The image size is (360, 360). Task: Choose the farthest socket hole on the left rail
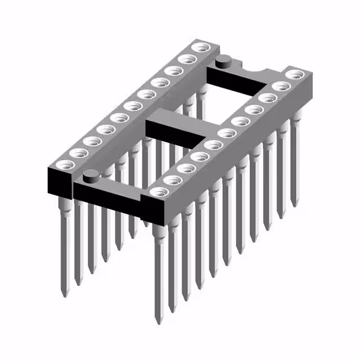coord(199,47)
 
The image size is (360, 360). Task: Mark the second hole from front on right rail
coord(172,180)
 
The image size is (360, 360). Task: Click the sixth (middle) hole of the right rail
coord(227,133)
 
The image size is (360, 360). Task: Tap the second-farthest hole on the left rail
coord(186,58)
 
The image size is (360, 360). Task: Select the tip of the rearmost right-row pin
coord(294,204)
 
